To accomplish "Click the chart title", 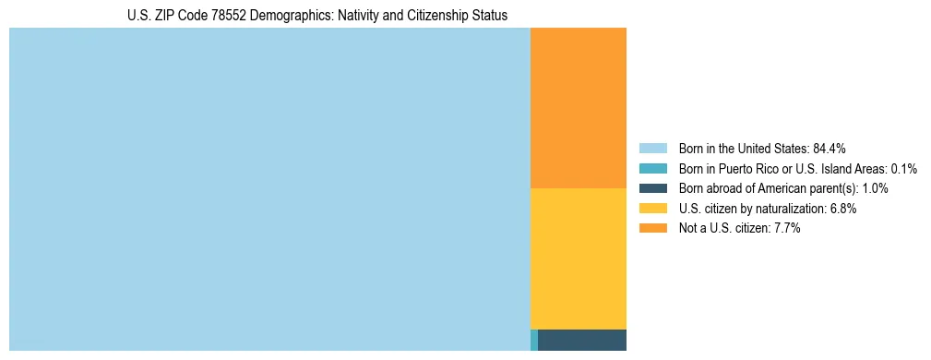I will coord(317,16).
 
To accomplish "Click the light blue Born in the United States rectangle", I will coord(269,189).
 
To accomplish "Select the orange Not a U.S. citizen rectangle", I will coord(579,108).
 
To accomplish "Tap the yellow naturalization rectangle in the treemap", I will coord(579,258).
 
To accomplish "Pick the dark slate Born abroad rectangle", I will coord(582,340).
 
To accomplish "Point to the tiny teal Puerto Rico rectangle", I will coord(534,340).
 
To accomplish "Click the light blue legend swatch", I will coord(652,149).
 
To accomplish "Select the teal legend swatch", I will coord(652,169).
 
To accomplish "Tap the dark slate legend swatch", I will coord(652,188).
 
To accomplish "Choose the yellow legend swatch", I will coord(652,209).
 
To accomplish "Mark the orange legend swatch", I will coord(652,228).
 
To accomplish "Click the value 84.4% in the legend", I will coord(830,149).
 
